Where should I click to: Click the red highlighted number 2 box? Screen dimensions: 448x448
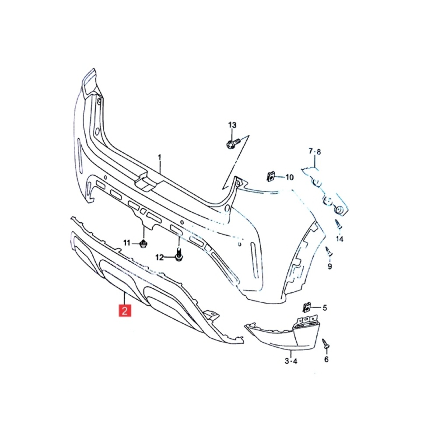coord(125,311)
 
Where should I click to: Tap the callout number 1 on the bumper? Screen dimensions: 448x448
coord(159,157)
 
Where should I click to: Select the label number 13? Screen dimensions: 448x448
coord(232,125)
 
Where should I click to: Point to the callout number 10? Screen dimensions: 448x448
coord(290,178)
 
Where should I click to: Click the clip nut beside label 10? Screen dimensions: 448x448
coord(270,177)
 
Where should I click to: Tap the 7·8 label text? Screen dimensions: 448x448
coord(315,151)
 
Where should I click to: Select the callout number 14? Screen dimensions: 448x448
coord(339,238)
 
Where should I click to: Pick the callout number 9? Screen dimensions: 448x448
coord(330,266)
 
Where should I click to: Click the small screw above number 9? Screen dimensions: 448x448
coord(329,251)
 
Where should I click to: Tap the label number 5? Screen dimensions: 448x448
coord(325,308)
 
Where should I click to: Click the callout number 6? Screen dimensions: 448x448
coord(326,359)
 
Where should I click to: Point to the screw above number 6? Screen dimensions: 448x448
coord(325,343)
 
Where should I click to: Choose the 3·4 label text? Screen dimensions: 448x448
coord(291,361)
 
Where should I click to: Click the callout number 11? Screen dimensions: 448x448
coord(126,243)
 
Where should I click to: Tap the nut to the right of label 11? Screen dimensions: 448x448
coord(143,244)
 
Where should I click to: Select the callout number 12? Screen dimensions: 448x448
coord(159,258)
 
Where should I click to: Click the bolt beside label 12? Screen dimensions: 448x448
coord(178,255)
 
